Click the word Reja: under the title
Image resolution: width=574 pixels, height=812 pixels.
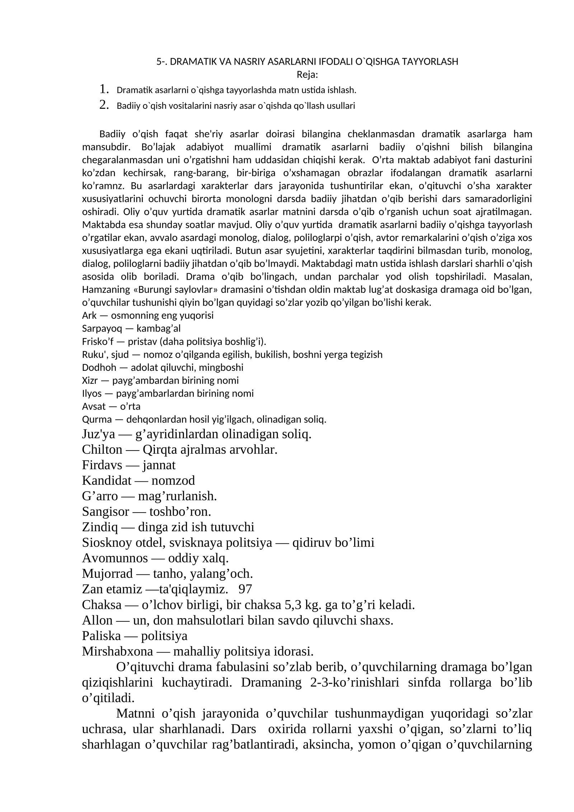click(x=307, y=75)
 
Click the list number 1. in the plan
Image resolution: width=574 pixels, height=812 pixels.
click(x=104, y=89)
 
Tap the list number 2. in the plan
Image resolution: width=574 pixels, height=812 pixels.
click(x=104, y=105)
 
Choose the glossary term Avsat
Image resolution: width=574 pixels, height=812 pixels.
click(x=94, y=406)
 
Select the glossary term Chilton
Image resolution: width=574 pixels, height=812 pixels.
click(x=102, y=449)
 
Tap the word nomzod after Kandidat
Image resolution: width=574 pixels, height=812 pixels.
click(x=173, y=481)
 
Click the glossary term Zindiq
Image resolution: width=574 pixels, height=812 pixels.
click(x=100, y=527)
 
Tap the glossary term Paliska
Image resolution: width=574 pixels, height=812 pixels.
click(x=101, y=636)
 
